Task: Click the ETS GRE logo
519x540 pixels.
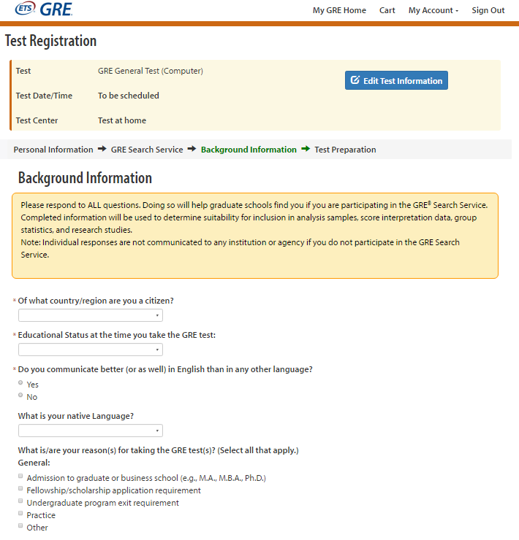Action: [44, 10]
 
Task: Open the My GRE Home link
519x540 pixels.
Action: [339, 10]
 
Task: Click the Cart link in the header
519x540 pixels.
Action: [387, 10]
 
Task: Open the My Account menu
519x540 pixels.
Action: [433, 10]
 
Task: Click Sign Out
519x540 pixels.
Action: [488, 10]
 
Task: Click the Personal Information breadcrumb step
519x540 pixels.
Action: [53, 150]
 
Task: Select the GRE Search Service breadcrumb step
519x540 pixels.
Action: [147, 150]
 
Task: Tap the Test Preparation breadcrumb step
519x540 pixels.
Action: [345, 150]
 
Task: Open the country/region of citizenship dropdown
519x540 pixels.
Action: [91, 315]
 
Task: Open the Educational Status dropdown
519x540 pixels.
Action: [91, 350]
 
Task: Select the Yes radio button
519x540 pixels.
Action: [21, 382]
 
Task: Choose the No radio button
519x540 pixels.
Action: [21, 395]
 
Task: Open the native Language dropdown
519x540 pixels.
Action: [91, 431]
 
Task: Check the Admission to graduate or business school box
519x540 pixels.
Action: [21, 476]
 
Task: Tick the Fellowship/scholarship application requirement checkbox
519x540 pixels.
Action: [21, 488]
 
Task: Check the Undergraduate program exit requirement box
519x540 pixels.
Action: [21, 501]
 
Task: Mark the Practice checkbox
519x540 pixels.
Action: [21, 513]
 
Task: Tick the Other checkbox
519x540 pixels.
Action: [21, 525]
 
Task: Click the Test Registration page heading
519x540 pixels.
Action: [50, 42]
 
